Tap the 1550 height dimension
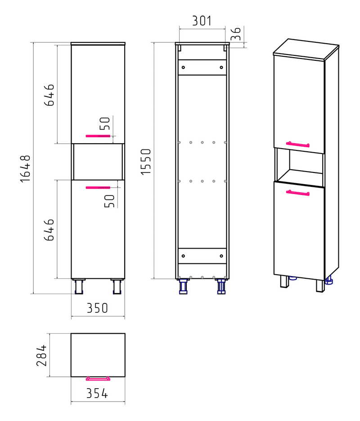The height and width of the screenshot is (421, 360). tap(146, 162)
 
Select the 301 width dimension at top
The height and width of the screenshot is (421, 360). tap(202, 21)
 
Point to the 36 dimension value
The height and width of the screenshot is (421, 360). tap(236, 34)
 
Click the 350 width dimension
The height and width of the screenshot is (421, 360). tap(97, 308)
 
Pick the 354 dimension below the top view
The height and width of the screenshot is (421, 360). tap(97, 394)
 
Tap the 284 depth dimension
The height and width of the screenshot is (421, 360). tap(41, 356)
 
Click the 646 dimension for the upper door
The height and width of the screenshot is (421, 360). tap(49, 95)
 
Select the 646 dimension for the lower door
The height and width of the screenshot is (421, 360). tap(49, 230)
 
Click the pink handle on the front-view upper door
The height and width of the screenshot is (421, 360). tap(98, 136)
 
